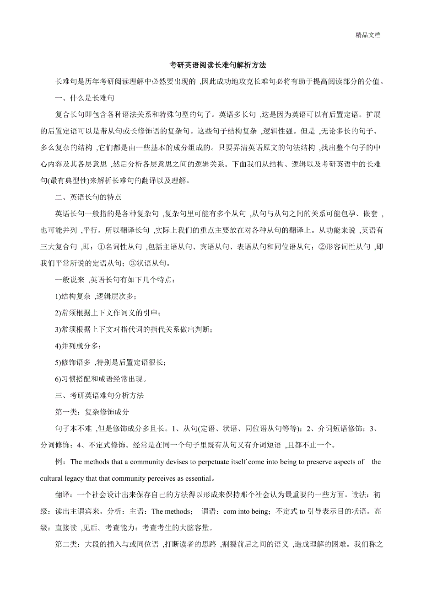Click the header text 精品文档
(368, 35)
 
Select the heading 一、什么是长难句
(84, 98)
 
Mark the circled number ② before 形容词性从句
(322, 247)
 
